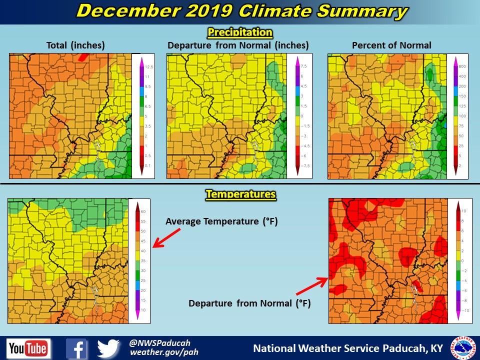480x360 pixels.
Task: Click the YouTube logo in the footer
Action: pos(28,348)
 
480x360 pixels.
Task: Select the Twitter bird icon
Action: pos(109,348)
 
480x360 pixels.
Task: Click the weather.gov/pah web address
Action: pos(164,352)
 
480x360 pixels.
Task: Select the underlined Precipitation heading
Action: pos(240,33)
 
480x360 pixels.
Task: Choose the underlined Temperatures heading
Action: pos(240,193)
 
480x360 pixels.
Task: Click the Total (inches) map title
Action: pos(75,45)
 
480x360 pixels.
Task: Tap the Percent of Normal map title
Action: pos(391,45)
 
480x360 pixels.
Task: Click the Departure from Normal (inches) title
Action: pos(238,45)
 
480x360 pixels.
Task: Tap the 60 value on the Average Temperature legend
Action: pos(142,211)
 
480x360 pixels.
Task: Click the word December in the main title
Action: pos(127,11)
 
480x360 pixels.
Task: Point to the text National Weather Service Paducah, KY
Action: pos(348,348)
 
